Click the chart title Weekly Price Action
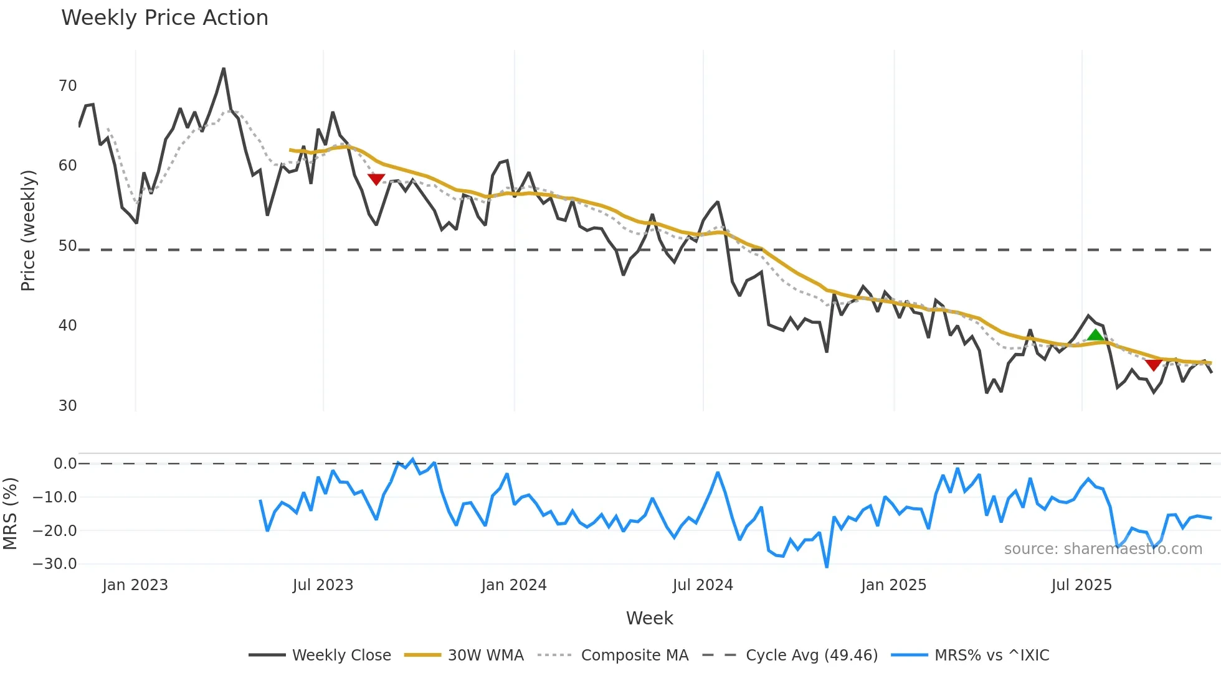click(x=164, y=18)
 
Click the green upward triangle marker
click(x=1095, y=336)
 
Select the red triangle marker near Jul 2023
click(x=376, y=179)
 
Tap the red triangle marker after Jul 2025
click(x=1154, y=365)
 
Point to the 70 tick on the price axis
click(x=67, y=86)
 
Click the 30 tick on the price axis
click(x=67, y=406)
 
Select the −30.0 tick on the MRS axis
click(x=55, y=564)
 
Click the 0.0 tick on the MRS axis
click(x=65, y=464)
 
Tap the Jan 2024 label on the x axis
click(x=514, y=585)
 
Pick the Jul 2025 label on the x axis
click(x=1081, y=585)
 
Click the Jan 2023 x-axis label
click(x=135, y=585)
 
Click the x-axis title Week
click(x=649, y=618)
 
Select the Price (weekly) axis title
click(x=28, y=230)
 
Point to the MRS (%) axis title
click(x=10, y=514)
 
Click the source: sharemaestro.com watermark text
click(x=1103, y=549)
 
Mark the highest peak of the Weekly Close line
click(x=224, y=69)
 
